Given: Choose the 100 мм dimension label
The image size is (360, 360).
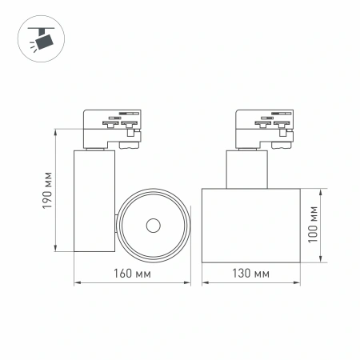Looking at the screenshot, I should tap(314, 224).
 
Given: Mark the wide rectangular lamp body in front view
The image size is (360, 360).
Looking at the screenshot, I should tap(250, 226).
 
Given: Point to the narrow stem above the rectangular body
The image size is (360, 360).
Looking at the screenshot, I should tap(245, 168).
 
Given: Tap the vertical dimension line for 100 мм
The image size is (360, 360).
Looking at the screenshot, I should tap(321, 226).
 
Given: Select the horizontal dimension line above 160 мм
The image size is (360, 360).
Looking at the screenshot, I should tap(132, 283).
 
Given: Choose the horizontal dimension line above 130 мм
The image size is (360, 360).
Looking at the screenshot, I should tap(250, 283).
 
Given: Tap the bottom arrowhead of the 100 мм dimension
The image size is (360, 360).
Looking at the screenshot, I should tap(321, 260).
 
